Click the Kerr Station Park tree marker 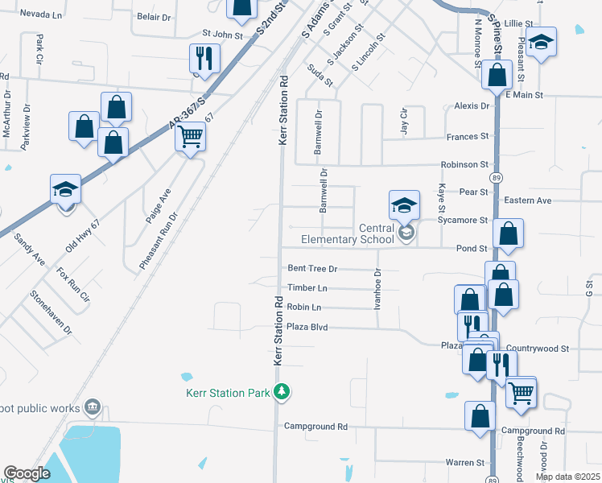282,392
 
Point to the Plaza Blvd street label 310,328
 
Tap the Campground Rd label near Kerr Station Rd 315,426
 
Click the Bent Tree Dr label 311,268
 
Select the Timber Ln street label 307,288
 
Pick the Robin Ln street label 304,308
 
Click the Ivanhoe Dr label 376,289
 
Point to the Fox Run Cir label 73,283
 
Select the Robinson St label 464,165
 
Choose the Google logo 27,473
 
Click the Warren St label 467,463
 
